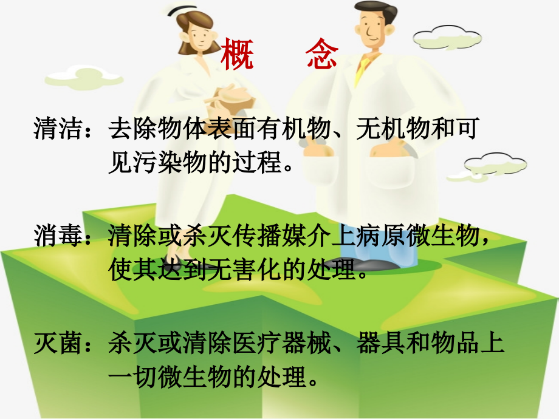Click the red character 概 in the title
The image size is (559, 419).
click(237, 55)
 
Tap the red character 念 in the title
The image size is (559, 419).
click(322, 55)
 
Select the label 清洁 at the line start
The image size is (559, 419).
click(58, 129)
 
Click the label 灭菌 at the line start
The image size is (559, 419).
click(58, 344)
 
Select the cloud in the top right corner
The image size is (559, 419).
click(447, 38)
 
